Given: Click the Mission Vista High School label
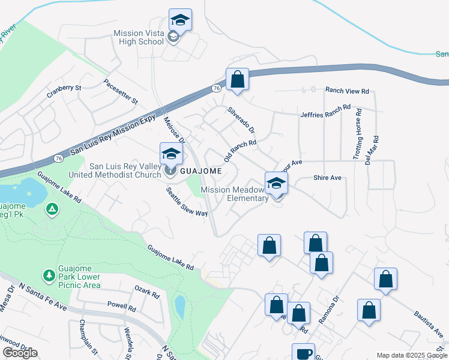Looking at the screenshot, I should pyautogui.click(x=139, y=37).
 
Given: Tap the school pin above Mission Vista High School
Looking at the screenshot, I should pyautogui.click(x=180, y=20).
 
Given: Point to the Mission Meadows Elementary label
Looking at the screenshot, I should pyautogui.click(x=234, y=194).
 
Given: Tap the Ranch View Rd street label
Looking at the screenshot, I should pyautogui.click(x=347, y=91).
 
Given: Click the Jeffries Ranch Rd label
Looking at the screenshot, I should pyautogui.click(x=325, y=111).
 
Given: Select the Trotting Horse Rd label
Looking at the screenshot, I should pyautogui.click(x=358, y=136).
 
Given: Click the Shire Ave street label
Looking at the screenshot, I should pyautogui.click(x=327, y=178).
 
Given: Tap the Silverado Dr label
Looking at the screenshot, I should pyautogui.click(x=241, y=120).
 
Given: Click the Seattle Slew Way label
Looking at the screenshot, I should pyautogui.click(x=187, y=202).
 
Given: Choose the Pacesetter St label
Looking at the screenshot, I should pyautogui.click(x=120, y=91).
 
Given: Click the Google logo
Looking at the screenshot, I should pyautogui.click(x=20, y=353).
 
